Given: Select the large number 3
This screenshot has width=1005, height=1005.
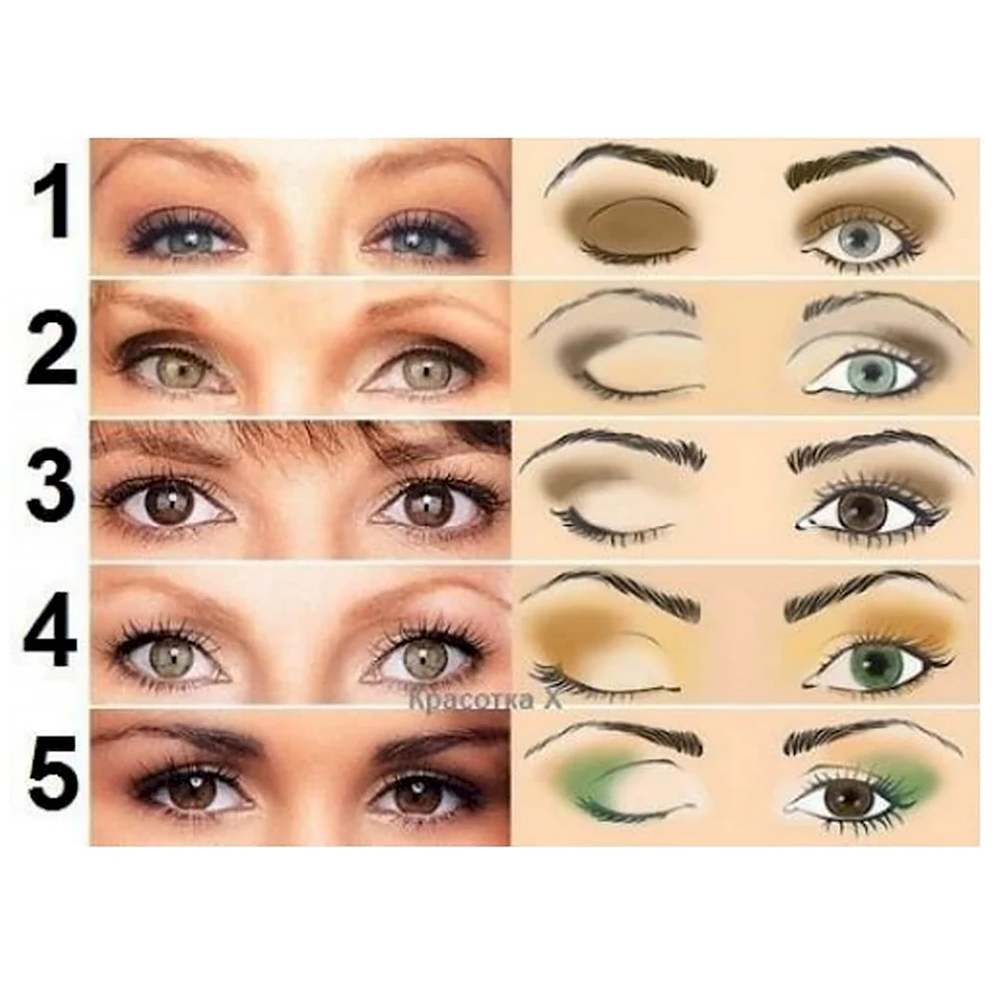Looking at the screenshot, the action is [51, 488].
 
